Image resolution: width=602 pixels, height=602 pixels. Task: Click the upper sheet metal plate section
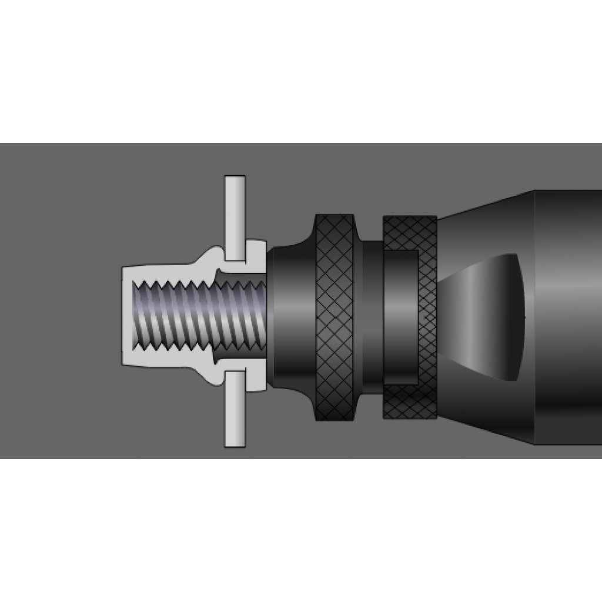pyautogui.click(x=235, y=218)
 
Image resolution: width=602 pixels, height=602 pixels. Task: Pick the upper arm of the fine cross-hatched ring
pyautogui.click(x=410, y=232)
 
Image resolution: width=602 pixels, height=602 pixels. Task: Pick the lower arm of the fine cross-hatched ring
pyautogui.click(x=410, y=402)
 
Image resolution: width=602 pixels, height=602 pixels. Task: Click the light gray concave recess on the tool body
pyautogui.click(x=488, y=317)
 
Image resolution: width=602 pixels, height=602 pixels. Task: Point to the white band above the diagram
pyautogui.click(x=301, y=71)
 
